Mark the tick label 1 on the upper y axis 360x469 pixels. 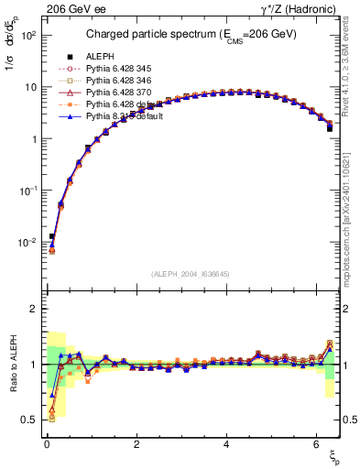[33, 139]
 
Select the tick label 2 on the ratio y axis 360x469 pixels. [33, 309]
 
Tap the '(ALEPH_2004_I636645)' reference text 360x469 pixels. [191, 274]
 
